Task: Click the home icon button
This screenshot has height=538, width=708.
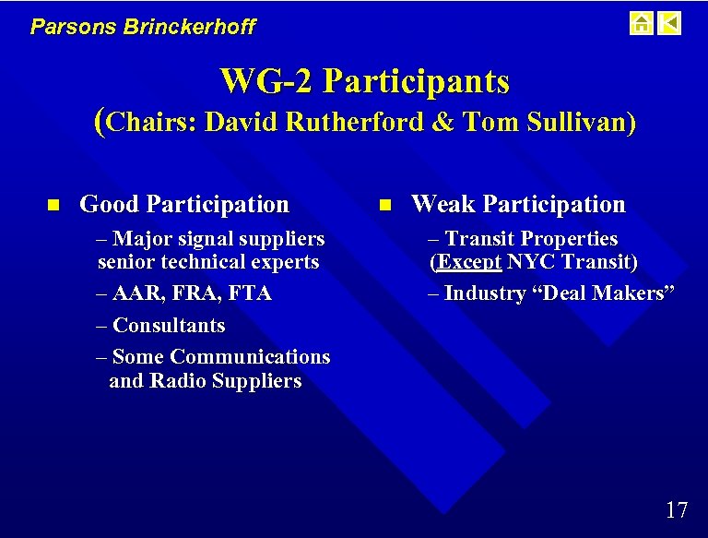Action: point(641,23)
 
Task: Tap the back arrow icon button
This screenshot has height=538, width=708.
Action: point(670,23)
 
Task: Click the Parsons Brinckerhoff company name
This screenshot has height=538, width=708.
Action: point(143,27)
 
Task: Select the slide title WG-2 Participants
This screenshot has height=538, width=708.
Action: point(364,82)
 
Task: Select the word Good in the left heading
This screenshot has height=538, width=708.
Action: point(110,204)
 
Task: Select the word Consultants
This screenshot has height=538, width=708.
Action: point(168,325)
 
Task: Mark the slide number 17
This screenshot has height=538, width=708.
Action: point(676,509)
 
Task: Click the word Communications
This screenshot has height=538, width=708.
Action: point(250,356)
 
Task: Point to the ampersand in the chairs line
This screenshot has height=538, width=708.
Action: point(443,122)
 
